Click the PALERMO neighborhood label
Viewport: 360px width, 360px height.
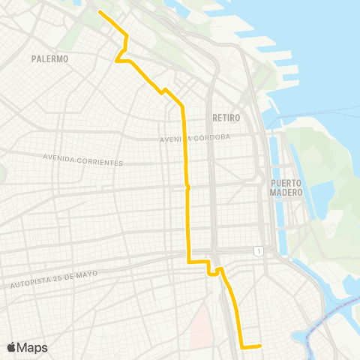point(51,58)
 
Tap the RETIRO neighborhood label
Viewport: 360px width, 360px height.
point(226,118)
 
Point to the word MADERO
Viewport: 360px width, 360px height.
point(286,192)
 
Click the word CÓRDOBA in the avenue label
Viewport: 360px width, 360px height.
point(214,137)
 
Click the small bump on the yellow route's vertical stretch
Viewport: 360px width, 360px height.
point(188,187)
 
